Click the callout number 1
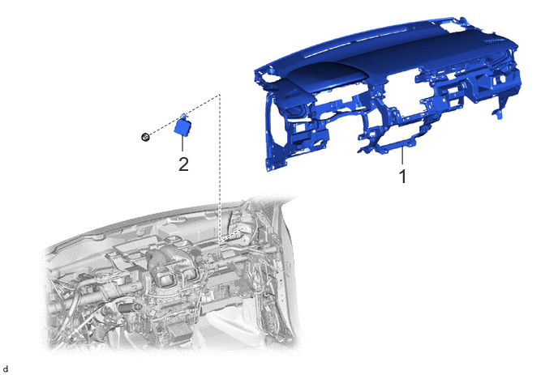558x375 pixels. coord(402,177)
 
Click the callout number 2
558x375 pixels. coord(183,164)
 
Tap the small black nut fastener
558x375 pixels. coord(145,137)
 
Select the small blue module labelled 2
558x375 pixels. coord(182,126)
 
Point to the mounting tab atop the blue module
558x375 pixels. coord(183,116)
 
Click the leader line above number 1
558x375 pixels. coord(402,156)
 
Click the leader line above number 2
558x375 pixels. coord(182,143)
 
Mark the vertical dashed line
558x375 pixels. coord(220,168)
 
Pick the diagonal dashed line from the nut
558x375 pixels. coord(184,115)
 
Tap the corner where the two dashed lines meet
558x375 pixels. coord(219,95)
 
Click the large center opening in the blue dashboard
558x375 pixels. coord(403,96)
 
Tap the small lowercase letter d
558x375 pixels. coord(6,369)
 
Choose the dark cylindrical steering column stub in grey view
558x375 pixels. coord(129,308)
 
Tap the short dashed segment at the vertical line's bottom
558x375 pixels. coord(231,236)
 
